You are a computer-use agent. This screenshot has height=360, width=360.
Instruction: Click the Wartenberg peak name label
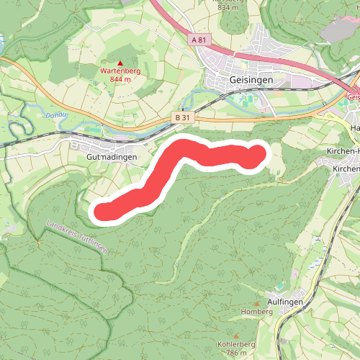tap(120, 71)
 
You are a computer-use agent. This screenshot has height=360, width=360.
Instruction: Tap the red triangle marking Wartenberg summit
tap(120, 63)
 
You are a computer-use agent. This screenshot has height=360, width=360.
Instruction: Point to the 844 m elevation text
tap(120, 79)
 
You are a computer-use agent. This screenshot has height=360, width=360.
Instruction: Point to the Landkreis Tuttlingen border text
tap(78, 236)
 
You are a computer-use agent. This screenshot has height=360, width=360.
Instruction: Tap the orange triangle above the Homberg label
tap(257, 304)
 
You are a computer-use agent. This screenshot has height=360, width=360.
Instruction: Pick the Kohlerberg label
tap(238, 345)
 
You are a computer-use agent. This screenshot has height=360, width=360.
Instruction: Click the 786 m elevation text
tap(237, 354)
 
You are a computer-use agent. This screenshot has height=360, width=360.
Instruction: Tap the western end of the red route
tap(102, 211)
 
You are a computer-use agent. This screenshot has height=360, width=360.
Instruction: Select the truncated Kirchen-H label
tap(343, 152)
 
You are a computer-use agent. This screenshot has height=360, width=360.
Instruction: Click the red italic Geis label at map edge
tap(352, 96)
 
